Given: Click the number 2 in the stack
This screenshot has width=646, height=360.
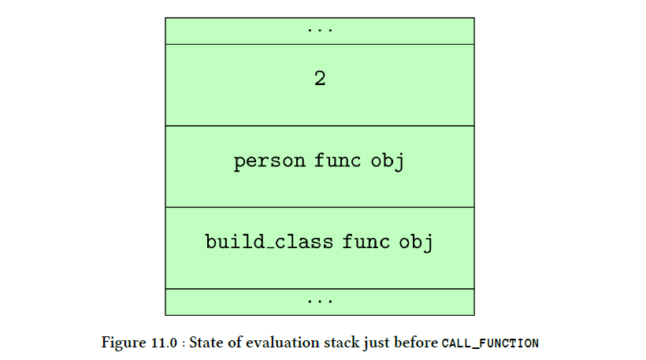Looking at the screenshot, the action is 320,78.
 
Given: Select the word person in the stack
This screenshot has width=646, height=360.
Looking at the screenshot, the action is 269,161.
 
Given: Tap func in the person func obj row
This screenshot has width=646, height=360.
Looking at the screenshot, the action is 337,160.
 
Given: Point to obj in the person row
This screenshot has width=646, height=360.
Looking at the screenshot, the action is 388,161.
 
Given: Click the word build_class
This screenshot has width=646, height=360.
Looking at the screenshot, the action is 269,241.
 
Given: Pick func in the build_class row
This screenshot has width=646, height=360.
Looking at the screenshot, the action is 366,241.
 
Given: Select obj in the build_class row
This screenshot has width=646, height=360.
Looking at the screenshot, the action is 416,243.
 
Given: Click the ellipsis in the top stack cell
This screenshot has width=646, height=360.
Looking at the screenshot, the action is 320,30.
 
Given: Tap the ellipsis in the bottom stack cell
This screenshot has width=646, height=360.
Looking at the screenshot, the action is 320,302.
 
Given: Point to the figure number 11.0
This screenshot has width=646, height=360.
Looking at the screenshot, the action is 164,343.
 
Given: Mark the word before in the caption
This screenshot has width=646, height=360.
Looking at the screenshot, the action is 416,343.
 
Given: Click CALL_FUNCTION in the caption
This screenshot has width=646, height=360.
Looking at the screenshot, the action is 490,343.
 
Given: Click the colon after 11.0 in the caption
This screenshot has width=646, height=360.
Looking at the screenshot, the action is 183,344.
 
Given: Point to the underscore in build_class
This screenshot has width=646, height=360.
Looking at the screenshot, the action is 270,248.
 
